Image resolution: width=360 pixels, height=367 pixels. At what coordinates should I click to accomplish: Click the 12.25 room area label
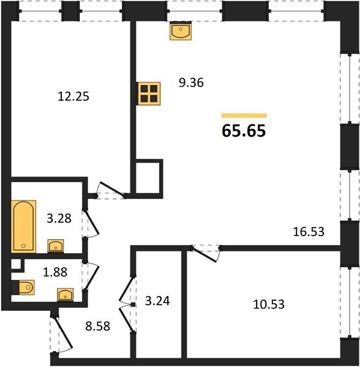[73, 97]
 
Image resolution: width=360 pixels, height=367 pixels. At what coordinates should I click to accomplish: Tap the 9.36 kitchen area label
[191, 83]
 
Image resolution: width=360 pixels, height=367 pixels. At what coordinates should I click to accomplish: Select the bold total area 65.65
[244, 131]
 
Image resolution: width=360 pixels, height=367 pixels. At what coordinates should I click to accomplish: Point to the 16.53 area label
[309, 232]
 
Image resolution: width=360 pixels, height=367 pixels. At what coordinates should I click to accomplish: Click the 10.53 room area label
[269, 304]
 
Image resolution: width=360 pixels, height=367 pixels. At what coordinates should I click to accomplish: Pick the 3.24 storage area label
[157, 301]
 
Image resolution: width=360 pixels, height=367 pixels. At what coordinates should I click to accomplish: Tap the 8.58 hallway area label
[98, 326]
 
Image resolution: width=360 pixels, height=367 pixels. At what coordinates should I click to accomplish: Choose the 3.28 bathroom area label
[59, 218]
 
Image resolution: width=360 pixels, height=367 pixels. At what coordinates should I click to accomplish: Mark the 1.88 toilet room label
[55, 272]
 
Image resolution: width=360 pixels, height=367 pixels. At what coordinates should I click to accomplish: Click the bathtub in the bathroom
[23, 226]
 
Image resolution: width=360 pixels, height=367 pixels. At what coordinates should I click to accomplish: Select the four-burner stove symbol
[149, 94]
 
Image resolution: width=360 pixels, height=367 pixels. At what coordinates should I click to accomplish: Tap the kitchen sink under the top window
[181, 31]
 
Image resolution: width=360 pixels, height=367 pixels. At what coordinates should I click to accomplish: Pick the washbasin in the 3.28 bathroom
[56, 246]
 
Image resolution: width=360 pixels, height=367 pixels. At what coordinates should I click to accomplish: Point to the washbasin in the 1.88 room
[66, 294]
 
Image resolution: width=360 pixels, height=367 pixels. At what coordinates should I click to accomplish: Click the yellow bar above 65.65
[244, 116]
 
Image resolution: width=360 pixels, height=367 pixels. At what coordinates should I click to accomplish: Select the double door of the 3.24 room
[127, 304]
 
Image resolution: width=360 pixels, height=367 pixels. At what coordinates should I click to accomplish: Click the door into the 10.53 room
[206, 253]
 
